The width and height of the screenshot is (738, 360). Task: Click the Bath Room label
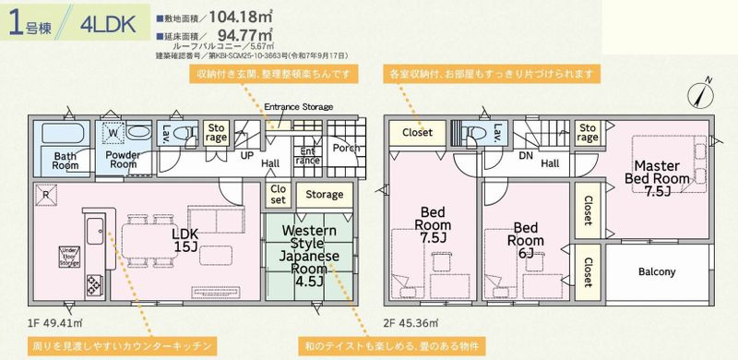[x=64, y=161]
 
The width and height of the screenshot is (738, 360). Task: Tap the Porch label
[x=346, y=148]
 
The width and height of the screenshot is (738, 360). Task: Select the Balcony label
[x=657, y=272]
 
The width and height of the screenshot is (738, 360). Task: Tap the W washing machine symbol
[x=112, y=132]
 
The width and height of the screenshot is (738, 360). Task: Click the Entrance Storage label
[x=298, y=108]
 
